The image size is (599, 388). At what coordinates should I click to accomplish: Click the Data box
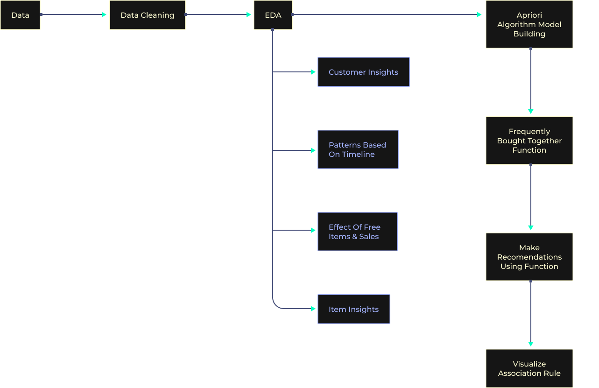[x=20, y=15]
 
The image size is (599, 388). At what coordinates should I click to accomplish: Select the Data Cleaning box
[x=147, y=15]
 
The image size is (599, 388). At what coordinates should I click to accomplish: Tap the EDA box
[x=273, y=15]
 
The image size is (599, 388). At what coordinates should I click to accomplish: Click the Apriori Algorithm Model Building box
[x=529, y=24]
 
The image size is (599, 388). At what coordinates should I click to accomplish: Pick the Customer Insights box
[x=363, y=72]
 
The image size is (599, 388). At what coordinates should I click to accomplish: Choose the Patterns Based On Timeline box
[x=358, y=149]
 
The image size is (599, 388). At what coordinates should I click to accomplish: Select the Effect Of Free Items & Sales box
[x=357, y=232]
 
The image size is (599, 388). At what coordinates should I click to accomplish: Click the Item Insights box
[x=353, y=309]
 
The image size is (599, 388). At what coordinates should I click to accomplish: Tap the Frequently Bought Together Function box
[x=529, y=141]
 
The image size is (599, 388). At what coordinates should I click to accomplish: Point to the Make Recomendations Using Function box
[x=529, y=257]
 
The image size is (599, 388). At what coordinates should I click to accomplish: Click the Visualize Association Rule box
[x=529, y=368]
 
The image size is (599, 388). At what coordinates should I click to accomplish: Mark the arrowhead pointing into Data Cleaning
[x=105, y=14]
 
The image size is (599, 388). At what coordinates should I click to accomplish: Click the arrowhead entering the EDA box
[x=249, y=14]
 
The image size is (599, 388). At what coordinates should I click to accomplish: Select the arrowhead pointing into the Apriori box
[x=479, y=14]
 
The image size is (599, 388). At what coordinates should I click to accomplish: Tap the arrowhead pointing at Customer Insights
[x=313, y=72]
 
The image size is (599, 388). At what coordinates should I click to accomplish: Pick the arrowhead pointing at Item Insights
[x=313, y=309]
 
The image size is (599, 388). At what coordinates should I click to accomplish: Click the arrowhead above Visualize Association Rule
[x=530, y=344]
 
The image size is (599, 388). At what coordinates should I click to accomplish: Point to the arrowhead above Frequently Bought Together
[x=530, y=112]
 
